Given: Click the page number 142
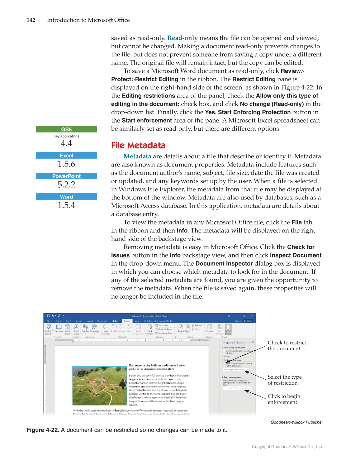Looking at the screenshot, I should tap(31, 20).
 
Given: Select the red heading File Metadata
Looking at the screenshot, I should tap(138, 145).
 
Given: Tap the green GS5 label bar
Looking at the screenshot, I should tap(66, 129).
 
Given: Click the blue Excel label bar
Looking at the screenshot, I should tap(66, 156).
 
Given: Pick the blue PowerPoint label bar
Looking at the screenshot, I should tap(66, 176).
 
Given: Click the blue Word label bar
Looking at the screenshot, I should tap(66, 197).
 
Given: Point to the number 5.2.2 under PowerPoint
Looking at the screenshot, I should tap(66, 185).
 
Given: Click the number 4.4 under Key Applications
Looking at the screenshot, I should tap(66, 143).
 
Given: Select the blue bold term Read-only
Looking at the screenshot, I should tap(182, 38).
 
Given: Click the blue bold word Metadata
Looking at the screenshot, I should tap(137, 156).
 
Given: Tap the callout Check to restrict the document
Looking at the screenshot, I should tap(287, 346).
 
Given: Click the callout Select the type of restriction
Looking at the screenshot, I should tap(284, 380).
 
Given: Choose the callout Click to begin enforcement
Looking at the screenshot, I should tap(284, 399).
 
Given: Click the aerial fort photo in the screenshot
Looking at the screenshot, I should tap(99, 386).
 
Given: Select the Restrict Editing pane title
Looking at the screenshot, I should tap(233, 343).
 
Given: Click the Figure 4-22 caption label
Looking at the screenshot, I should tap(43, 430).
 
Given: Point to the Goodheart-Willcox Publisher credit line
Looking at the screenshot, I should tap(296, 422).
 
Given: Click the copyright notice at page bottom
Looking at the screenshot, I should tap(287, 447).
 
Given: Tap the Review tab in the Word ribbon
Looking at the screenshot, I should tap(127, 321).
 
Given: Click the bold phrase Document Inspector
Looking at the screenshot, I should tap(224, 264).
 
